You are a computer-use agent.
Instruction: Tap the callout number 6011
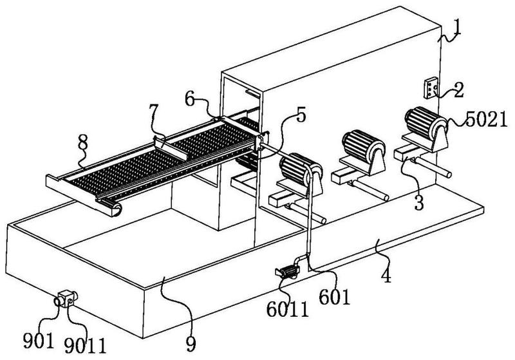click(x=288, y=309)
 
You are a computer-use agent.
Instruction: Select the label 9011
click(x=86, y=345)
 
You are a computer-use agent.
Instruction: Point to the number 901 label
click(x=38, y=340)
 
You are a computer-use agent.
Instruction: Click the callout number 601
click(x=335, y=297)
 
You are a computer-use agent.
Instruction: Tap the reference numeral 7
click(x=153, y=111)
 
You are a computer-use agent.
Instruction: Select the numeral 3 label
click(x=419, y=203)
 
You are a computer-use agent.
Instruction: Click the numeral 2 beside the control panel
click(x=458, y=90)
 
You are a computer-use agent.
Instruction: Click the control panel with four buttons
click(x=431, y=88)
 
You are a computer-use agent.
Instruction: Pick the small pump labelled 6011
click(x=288, y=272)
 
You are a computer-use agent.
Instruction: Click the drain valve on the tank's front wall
click(x=66, y=298)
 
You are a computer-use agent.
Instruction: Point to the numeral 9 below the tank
click(x=191, y=343)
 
